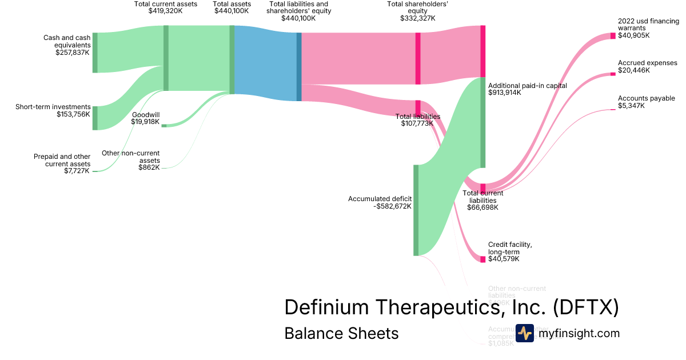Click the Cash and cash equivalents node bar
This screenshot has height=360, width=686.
click(x=95, y=53)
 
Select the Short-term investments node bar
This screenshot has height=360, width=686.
click(x=95, y=118)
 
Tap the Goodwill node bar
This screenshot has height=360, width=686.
click(x=163, y=125)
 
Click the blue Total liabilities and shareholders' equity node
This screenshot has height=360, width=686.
click(x=298, y=67)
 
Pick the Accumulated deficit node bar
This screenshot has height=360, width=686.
click(x=416, y=210)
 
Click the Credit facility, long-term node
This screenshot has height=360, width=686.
click(x=482, y=259)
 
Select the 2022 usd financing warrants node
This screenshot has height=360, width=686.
click(x=613, y=35)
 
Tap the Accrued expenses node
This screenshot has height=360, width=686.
click(x=613, y=74)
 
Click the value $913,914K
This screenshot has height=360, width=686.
click(x=505, y=92)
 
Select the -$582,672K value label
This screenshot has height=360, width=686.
click(x=392, y=206)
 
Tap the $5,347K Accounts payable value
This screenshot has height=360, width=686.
click(x=631, y=106)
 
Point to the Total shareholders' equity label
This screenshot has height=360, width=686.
click(x=417, y=11)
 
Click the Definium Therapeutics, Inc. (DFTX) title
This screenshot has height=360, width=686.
click(x=451, y=307)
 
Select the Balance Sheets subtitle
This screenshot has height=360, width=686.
click(x=341, y=333)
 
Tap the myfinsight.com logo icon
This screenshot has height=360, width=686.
click(x=524, y=333)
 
